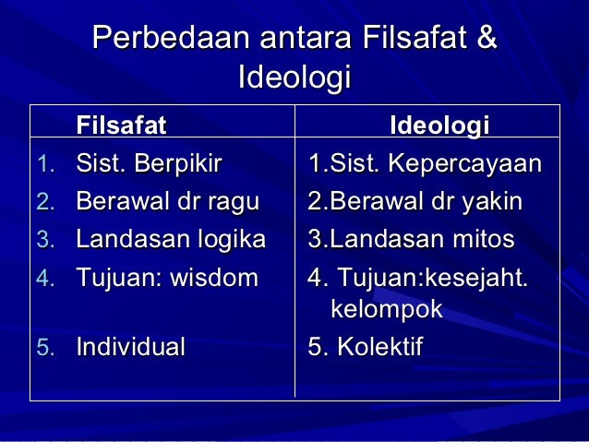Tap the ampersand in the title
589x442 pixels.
click(485, 40)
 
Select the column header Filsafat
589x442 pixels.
click(121, 125)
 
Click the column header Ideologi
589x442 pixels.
click(439, 125)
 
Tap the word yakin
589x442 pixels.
click(493, 202)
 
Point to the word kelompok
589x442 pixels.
click(387, 310)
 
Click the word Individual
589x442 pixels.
click(130, 347)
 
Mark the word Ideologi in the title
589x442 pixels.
click(294, 77)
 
